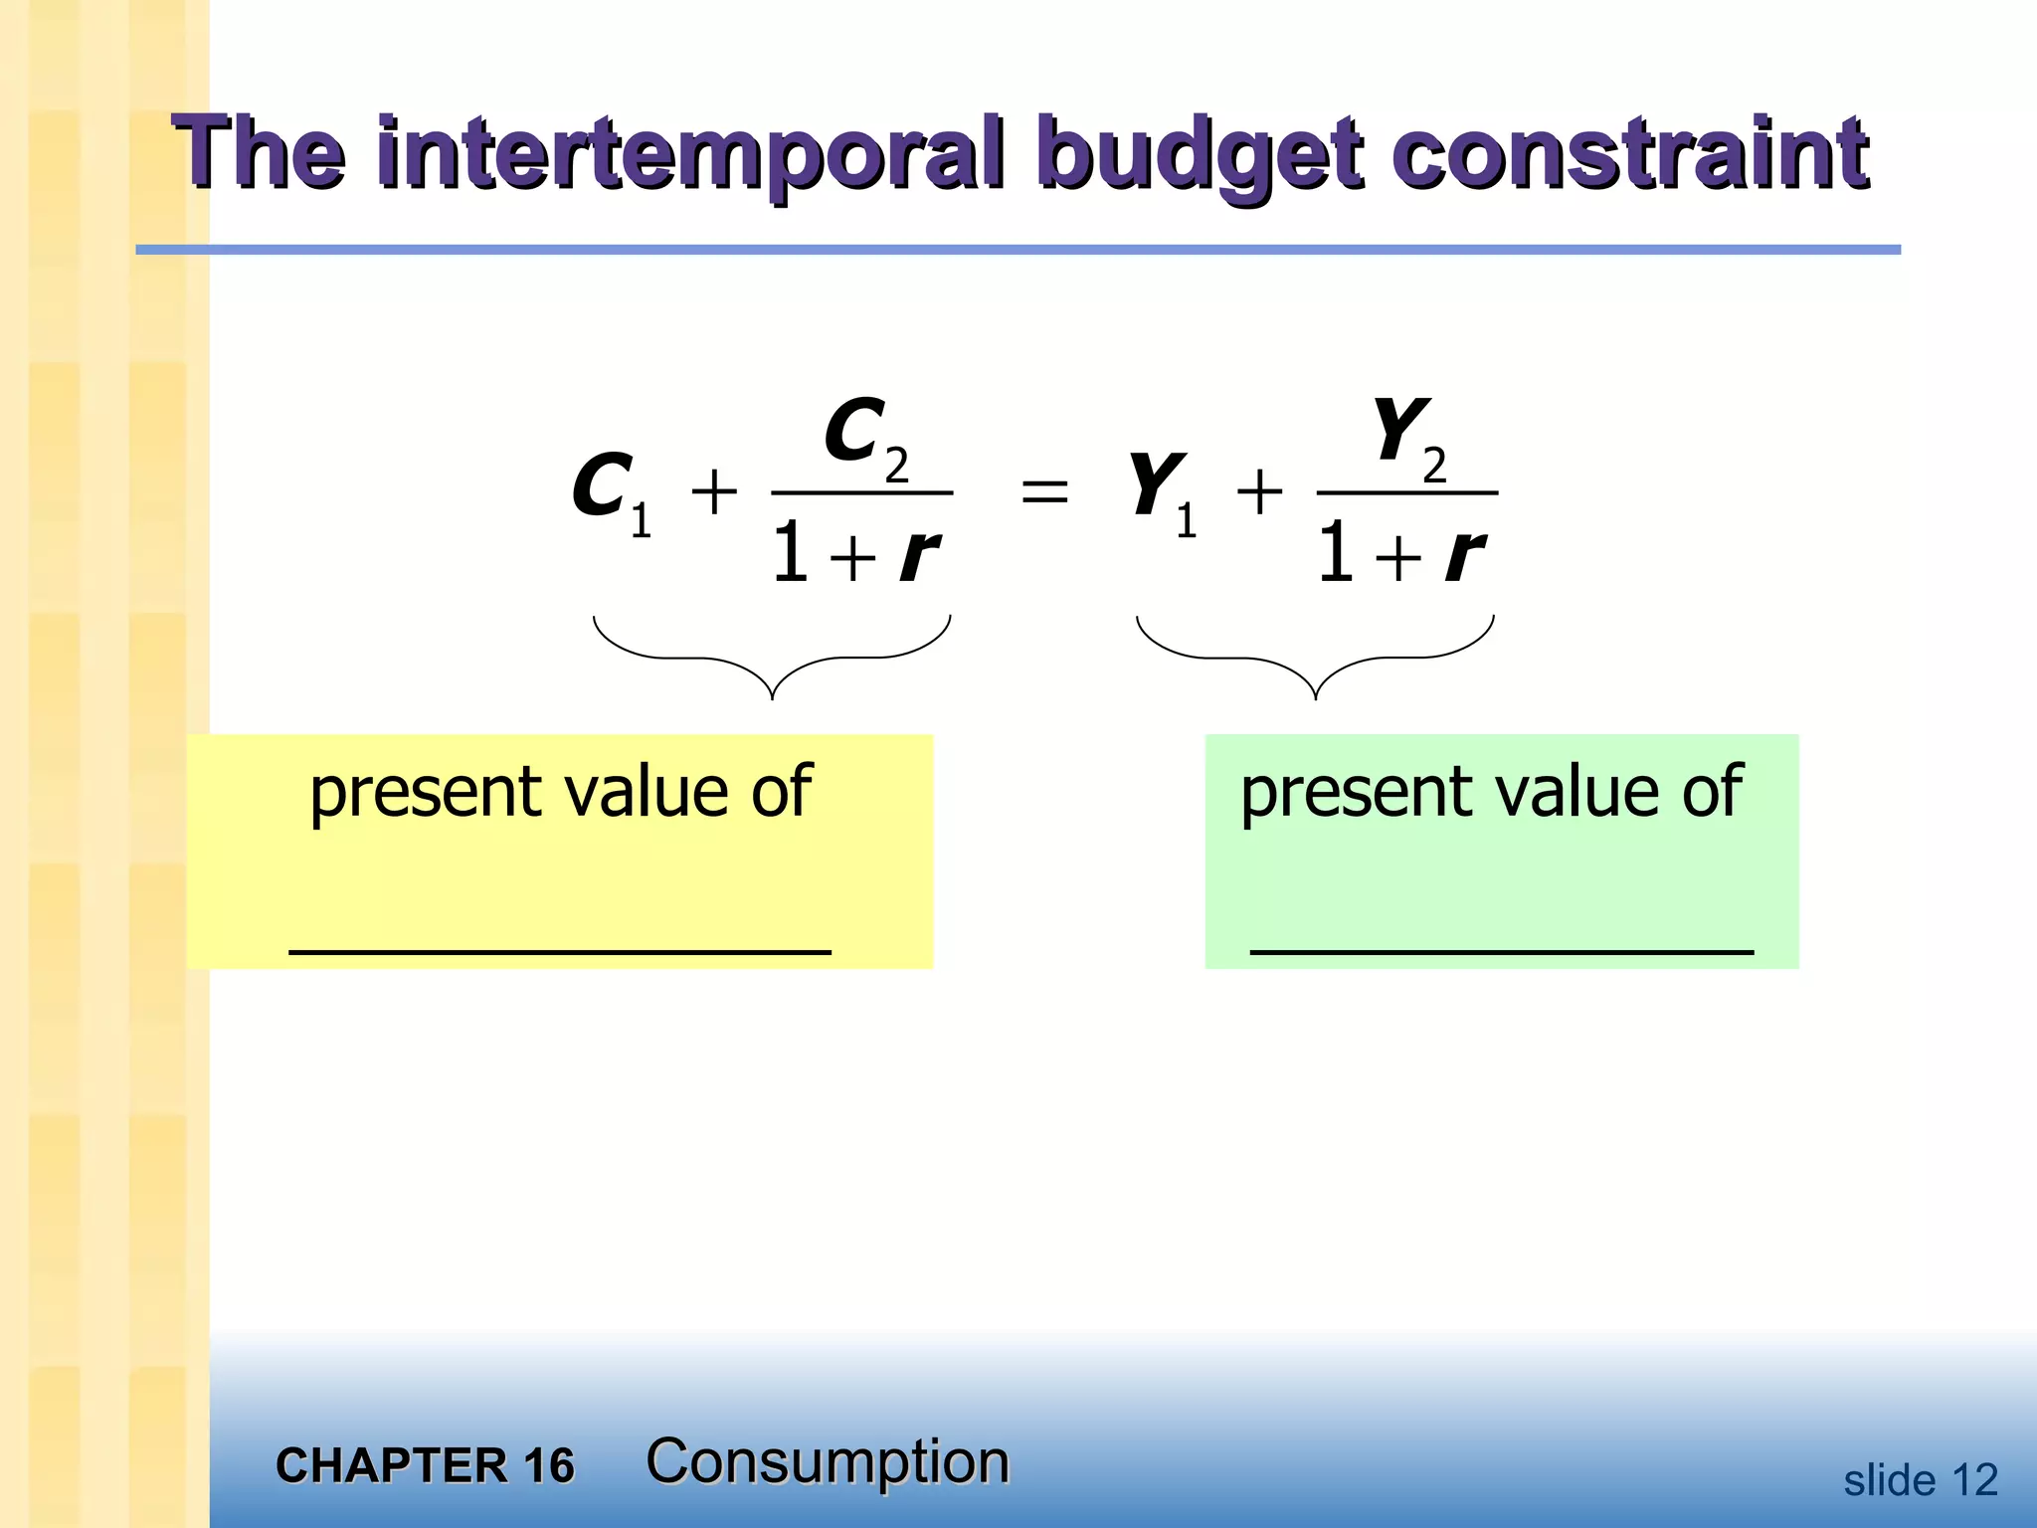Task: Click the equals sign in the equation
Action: pyautogui.click(x=1044, y=492)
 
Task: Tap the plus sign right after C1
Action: pyautogui.click(x=714, y=492)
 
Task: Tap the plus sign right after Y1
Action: pyautogui.click(x=1259, y=492)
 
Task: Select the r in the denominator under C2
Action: pyautogui.click(x=917, y=555)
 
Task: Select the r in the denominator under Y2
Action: pyautogui.click(x=1463, y=555)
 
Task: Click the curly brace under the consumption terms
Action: pyautogui.click(x=772, y=659)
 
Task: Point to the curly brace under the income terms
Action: pyautogui.click(x=1315, y=659)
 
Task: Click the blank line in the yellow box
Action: pyautogui.click(x=560, y=952)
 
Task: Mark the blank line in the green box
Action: pyautogui.click(x=1502, y=952)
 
